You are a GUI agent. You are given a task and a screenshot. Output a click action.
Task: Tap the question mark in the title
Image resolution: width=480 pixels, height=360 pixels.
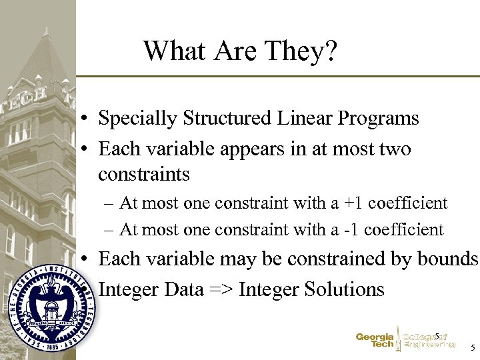(331, 51)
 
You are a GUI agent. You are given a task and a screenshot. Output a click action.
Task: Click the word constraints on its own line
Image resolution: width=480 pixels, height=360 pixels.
(143, 175)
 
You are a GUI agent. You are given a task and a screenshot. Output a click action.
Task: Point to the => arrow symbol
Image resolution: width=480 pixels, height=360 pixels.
(218, 289)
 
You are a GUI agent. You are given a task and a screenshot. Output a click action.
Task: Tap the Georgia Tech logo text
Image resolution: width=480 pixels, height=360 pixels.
(375, 341)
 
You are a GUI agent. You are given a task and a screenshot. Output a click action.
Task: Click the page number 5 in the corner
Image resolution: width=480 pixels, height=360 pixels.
(473, 348)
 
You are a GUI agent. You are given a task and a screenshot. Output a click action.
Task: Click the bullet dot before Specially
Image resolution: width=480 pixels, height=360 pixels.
(87, 120)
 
